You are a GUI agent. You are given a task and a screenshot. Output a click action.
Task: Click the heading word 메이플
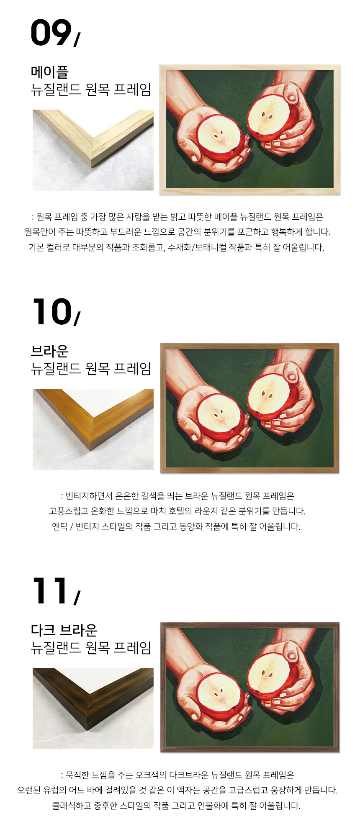coord(49,72)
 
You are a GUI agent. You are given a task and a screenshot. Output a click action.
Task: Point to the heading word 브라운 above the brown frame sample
coord(49,351)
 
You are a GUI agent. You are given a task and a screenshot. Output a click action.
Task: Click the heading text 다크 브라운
coord(64,630)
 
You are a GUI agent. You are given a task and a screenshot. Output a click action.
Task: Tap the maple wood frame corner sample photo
coord(93,150)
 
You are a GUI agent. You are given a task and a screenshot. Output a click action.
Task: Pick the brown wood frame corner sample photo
coord(93,429)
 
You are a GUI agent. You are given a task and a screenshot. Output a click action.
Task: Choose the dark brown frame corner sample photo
coord(93,708)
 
